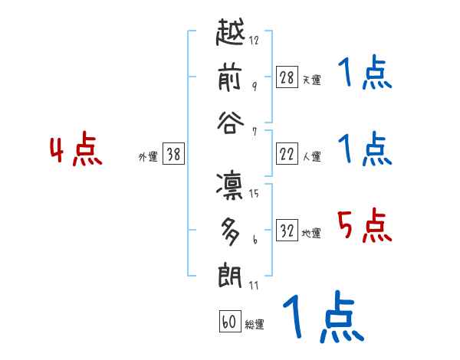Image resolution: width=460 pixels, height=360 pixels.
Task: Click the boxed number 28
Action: point(287,77)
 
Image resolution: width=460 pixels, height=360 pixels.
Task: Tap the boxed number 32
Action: point(287,231)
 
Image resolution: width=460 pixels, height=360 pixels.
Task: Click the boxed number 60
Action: point(229,322)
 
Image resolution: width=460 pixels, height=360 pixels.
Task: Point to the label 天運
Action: point(311,80)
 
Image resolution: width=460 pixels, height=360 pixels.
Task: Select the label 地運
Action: point(311,233)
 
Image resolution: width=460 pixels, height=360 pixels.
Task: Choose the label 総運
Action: point(255,325)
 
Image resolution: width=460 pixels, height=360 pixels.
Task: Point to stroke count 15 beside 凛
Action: point(254,193)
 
